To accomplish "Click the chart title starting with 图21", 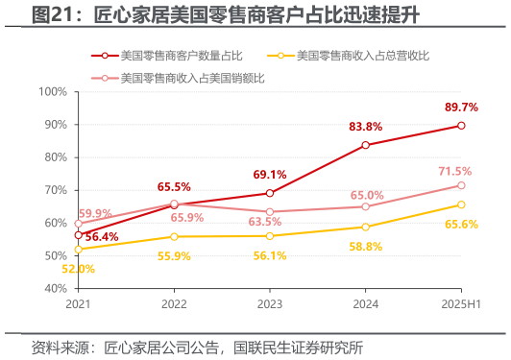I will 211,16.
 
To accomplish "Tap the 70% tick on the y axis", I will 53,190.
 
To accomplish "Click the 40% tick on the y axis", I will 53,288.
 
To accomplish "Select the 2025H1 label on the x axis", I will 462,303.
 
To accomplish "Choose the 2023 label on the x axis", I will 270,303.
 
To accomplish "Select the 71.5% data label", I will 455,171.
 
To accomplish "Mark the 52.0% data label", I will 79,269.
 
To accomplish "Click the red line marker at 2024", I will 366,145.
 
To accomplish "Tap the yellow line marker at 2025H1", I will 462,204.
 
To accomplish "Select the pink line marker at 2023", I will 270,211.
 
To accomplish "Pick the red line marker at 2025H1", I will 462,126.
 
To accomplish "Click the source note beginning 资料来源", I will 197,347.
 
